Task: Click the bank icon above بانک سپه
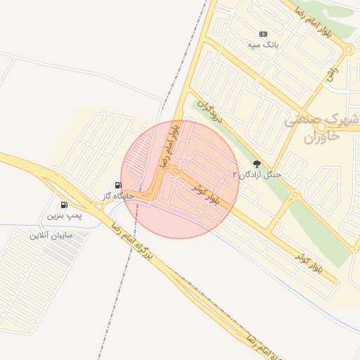[x=264, y=34]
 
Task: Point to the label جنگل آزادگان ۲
[x=257, y=174]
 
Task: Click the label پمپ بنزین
[x=65, y=215]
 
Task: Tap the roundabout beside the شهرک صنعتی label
[x=321, y=128]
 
